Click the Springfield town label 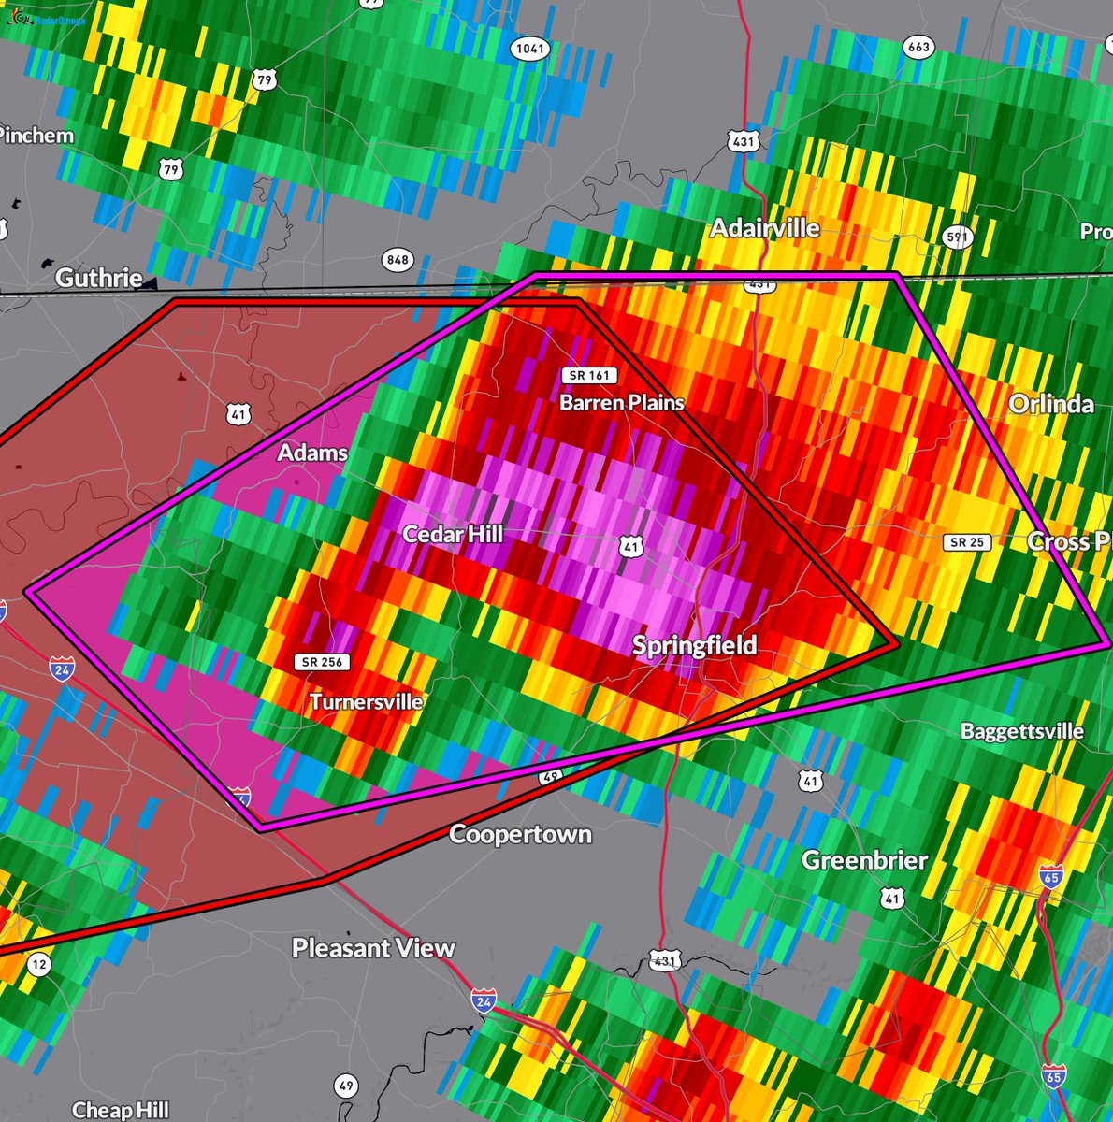pyautogui.click(x=694, y=645)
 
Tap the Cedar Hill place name pyautogui.click(x=453, y=534)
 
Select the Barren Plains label pyautogui.click(x=622, y=402)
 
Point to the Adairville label pyautogui.click(x=764, y=228)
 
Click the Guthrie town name pyautogui.click(x=98, y=278)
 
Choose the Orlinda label pyautogui.click(x=1051, y=403)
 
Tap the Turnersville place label pyautogui.click(x=366, y=701)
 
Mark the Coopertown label pyautogui.click(x=520, y=834)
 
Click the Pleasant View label pyautogui.click(x=373, y=948)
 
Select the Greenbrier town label pyautogui.click(x=864, y=860)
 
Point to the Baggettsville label pyautogui.click(x=1021, y=731)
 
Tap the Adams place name pyautogui.click(x=312, y=453)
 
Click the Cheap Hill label pyautogui.click(x=121, y=1110)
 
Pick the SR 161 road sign pyautogui.click(x=588, y=375)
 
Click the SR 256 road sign pyautogui.click(x=323, y=662)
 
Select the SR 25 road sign pyautogui.click(x=968, y=542)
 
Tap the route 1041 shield pyautogui.click(x=529, y=49)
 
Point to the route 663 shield pyautogui.click(x=918, y=48)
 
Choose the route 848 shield pyautogui.click(x=397, y=259)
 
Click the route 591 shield pyautogui.click(x=957, y=237)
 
